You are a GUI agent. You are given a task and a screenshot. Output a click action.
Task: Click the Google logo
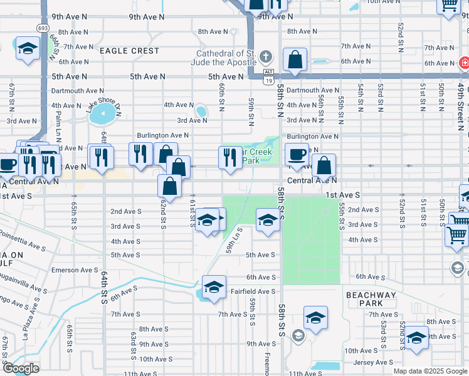pos(21,368)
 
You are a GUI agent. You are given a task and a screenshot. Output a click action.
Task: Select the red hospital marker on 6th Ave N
pos(464,63)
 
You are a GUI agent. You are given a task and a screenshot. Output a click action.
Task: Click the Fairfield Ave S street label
pos(253,291)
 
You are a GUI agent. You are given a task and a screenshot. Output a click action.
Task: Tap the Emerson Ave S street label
pos(75,270)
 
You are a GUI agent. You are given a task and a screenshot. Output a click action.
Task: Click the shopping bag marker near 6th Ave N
pos(295,60)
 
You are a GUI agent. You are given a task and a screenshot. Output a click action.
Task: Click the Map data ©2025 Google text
pos(429,371)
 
